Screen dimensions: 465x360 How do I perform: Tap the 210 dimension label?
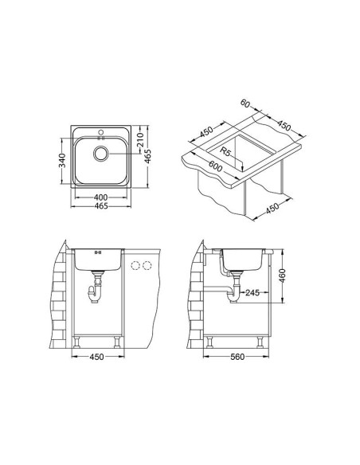click(140, 140)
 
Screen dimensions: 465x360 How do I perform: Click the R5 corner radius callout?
click(225, 150)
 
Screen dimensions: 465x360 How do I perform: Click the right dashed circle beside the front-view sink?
click(147, 266)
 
